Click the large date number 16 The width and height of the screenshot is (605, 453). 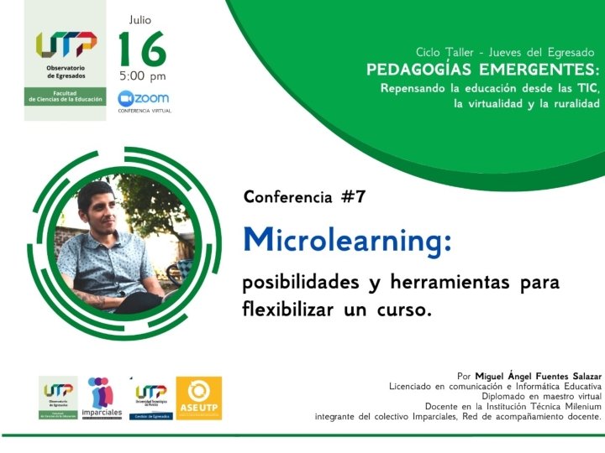(141, 50)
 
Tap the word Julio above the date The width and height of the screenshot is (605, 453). (141, 18)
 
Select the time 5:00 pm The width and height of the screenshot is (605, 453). (142, 76)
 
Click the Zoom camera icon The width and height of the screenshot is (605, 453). (126, 97)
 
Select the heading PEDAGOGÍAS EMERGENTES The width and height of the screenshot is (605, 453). (483, 69)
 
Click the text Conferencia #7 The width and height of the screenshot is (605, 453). (304, 197)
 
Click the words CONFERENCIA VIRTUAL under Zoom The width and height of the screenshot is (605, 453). (145, 111)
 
